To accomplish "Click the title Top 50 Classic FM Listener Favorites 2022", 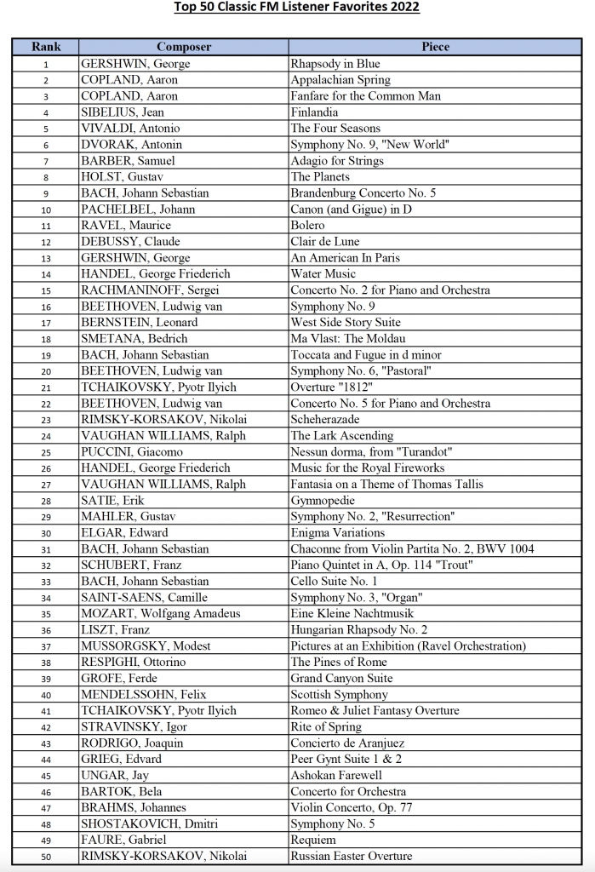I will [296, 8].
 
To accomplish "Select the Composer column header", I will [184, 47].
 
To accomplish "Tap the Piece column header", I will [436, 47].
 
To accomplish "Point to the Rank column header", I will [46, 47].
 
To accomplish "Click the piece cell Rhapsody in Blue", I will [335, 64].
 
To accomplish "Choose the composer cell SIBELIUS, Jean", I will [123, 112].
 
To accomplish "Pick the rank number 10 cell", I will [46, 209].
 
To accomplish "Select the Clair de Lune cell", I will [325, 242].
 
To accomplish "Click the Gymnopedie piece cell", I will [324, 501].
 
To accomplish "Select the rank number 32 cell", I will [46, 565].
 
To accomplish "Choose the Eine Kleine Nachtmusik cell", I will [351, 614].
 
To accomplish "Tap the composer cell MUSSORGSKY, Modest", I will [146, 646].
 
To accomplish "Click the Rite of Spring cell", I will [326, 727].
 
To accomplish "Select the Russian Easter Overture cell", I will [352, 857].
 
